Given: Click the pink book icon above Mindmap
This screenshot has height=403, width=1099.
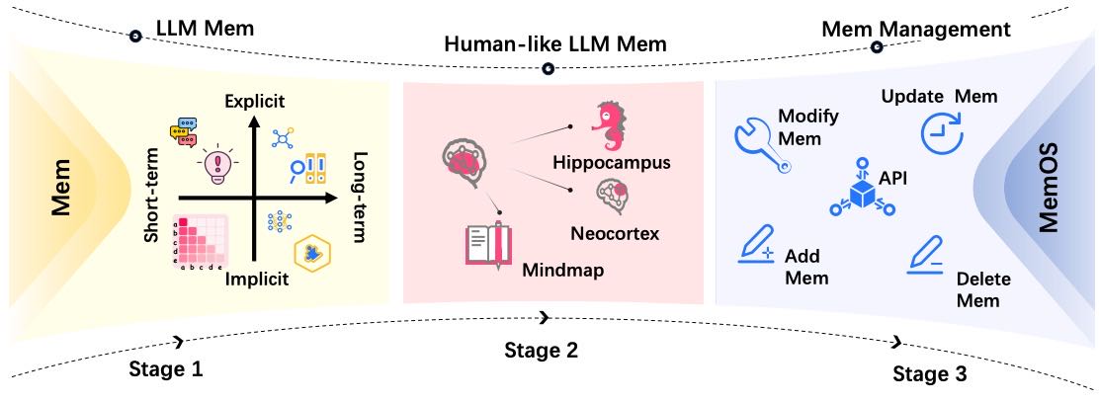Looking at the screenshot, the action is tap(486, 244).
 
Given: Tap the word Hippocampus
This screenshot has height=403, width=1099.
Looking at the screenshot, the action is tap(611, 163).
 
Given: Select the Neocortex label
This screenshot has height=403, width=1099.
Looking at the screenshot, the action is tap(616, 233).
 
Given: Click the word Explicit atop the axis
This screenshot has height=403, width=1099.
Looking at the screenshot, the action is tap(255, 101).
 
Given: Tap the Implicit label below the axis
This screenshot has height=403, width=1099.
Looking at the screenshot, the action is tap(257, 279).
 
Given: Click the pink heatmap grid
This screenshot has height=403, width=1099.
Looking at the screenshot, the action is tap(202, 241).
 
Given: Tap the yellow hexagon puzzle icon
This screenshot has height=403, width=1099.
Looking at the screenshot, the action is tap(309, 253).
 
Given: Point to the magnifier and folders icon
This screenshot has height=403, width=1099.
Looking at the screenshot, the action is tap(307, 168).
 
